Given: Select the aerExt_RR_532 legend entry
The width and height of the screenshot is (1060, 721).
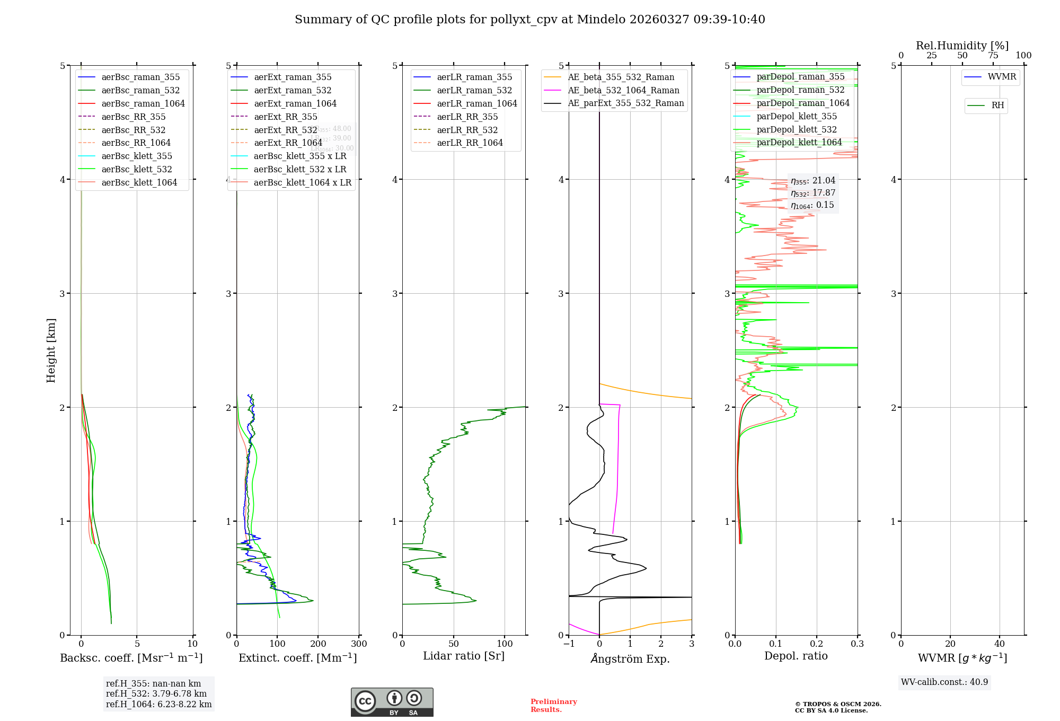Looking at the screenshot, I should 285,130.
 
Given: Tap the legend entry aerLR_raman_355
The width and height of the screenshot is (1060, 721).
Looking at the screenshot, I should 474,77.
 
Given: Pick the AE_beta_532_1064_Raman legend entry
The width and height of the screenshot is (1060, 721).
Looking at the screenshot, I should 623,90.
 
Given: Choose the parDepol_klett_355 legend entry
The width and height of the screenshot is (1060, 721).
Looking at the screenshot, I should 797,116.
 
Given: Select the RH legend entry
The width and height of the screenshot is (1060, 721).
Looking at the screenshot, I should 997,105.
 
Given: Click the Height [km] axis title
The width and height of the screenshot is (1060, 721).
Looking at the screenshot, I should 51,350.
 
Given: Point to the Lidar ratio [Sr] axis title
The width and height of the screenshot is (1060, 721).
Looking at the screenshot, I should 464,656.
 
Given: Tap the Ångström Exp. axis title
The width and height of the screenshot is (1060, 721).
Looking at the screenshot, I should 630,658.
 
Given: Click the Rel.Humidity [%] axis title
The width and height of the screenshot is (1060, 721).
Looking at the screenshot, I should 962,46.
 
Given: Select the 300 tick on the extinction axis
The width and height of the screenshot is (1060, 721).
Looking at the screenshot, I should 359,644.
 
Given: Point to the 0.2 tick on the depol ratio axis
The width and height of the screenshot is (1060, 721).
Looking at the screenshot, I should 817,644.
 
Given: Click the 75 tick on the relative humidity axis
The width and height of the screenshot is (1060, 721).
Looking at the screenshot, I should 993,56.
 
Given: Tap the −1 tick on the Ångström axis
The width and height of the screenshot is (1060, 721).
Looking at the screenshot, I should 569,644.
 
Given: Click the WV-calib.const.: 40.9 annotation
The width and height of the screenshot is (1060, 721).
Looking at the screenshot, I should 944,682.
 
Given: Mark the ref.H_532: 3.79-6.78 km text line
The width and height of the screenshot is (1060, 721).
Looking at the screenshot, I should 156,693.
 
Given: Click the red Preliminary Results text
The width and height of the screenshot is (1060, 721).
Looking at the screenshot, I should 553,706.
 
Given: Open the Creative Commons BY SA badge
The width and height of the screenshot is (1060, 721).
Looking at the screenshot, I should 392,702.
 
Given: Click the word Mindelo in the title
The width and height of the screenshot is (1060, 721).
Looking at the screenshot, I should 601,20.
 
